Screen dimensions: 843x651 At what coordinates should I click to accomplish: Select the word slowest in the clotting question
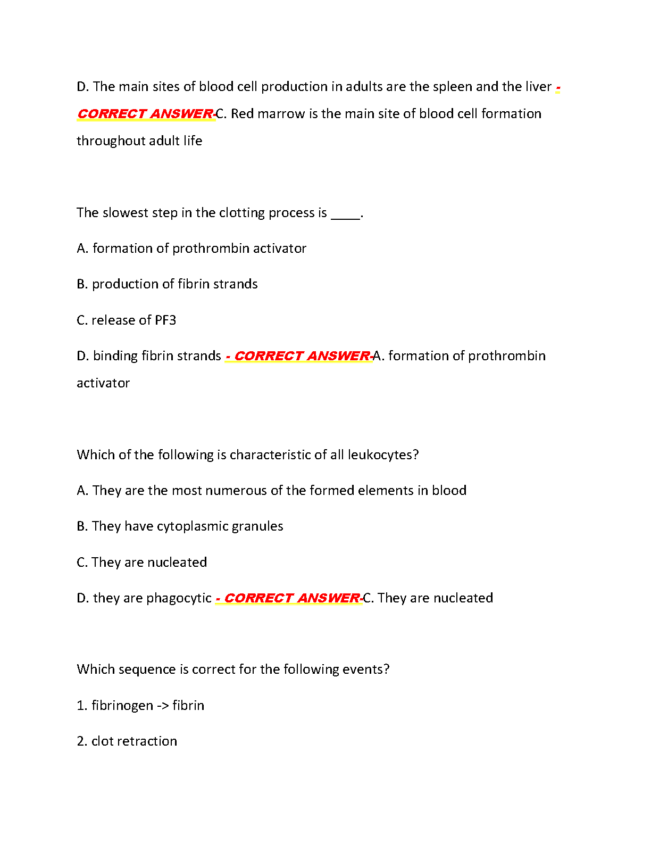click(125, 213)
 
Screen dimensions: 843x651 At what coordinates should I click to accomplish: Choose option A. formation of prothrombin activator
click(191, 249)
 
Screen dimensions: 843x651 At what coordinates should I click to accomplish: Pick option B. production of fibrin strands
click(167, 284)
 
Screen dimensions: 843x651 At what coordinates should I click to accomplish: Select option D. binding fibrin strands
click(149, 356)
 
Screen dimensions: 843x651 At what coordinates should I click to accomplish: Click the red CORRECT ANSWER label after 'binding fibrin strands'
click(302, 356)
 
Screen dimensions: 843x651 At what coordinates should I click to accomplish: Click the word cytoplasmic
click(192, 527)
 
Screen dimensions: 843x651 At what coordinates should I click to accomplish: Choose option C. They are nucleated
click(142, 563)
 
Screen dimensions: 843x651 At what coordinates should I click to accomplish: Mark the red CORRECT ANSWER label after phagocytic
click(291, 598)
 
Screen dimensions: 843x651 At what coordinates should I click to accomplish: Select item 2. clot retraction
click(127, 741)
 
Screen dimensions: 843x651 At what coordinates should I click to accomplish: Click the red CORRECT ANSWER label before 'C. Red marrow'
click(145, 114)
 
